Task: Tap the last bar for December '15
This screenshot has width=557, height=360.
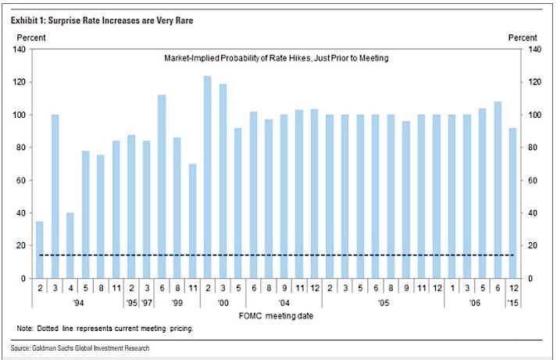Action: (x=512, y=203)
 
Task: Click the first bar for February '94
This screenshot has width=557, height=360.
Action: (x=40, y=250)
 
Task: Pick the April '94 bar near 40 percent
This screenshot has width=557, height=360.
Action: (x=70, y=245)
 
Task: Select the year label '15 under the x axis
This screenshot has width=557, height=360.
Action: (x=512, y=301)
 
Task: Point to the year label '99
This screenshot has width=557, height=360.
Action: (x=177, y=301)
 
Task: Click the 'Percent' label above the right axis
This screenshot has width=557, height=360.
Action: (x=523, y=37)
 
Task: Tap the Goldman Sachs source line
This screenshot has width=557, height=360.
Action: (x=81, y=348)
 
